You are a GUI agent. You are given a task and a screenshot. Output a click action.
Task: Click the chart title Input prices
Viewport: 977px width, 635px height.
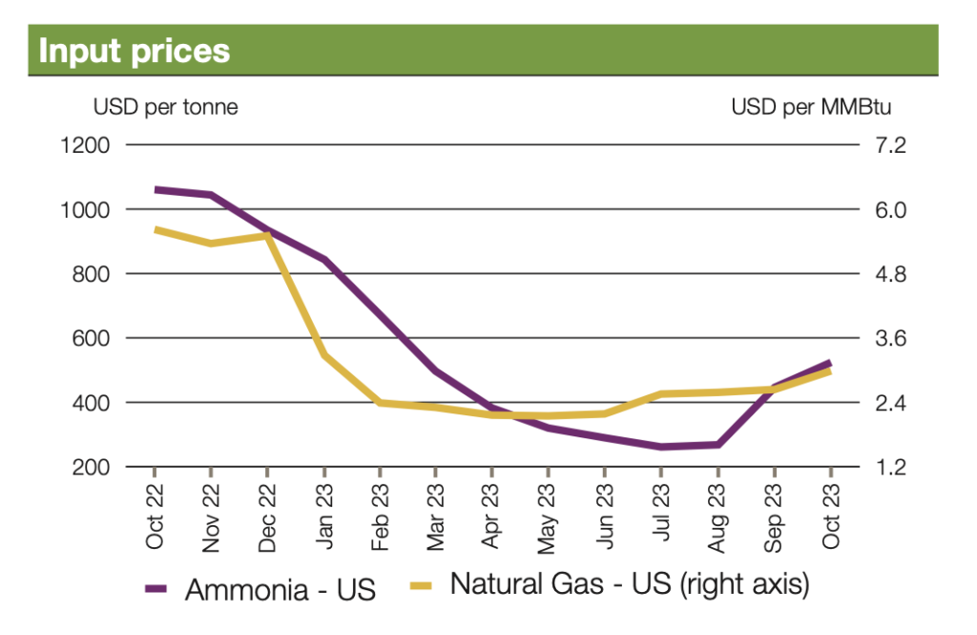[135, 50]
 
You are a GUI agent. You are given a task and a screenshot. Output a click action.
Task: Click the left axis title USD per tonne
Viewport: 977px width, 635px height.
[165, 107]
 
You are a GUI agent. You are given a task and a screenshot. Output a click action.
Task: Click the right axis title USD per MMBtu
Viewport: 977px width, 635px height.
[811, 107]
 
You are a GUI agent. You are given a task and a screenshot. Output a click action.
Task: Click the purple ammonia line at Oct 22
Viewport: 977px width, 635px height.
[156, 189]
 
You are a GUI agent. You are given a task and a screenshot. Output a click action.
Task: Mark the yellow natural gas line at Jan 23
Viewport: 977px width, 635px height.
[324, 355]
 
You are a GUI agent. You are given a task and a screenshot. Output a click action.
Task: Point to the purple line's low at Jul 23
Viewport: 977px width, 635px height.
[661, 447]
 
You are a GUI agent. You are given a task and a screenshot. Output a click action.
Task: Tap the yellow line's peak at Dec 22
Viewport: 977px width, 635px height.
[267, 235]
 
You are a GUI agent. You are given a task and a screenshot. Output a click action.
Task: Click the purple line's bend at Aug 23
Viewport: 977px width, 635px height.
[717, 444]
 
